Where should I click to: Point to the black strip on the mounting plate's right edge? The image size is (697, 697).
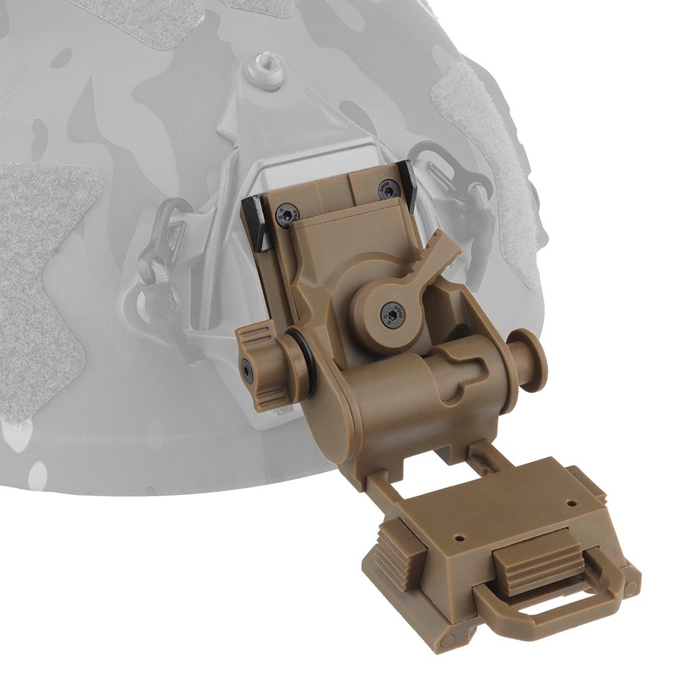click(411, 184)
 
